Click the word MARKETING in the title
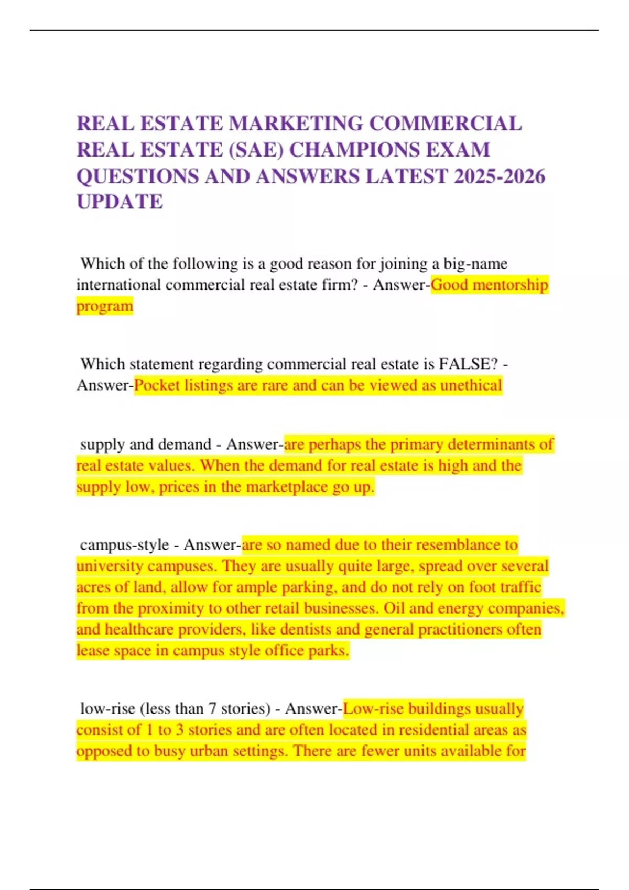pyautogui.click(x=296, y=124)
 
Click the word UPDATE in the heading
pyautogui.click(x=120, y=202)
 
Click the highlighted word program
pyautogui.click(x=105, y=306)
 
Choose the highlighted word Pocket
pyautogui.click(x=157, y=385)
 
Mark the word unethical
pyautogui.click(x=471, y=385)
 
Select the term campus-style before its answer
pyautogui.click(x=124, y=545)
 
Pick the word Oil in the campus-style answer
pyautogui.click(x=394, y=608)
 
